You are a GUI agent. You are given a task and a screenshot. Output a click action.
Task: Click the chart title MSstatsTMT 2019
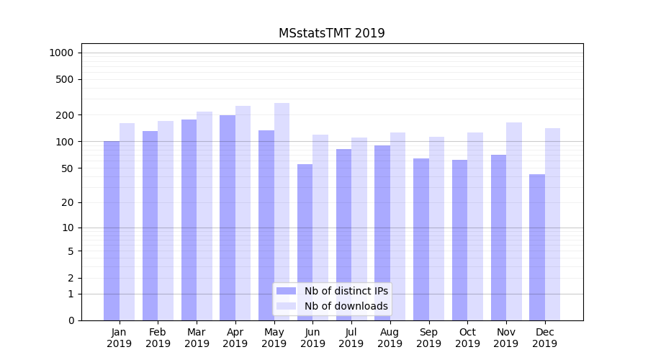[331, 33]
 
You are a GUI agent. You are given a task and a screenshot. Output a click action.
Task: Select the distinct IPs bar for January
[112, 230]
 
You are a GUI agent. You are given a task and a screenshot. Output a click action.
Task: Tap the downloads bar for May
[282, 212]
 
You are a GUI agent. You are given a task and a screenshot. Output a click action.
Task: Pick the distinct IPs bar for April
[228, 217]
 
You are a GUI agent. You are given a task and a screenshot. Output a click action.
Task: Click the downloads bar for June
[320, 228]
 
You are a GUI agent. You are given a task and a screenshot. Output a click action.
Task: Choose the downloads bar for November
[514, 221]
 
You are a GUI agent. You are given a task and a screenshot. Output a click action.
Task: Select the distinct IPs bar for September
[421, 239]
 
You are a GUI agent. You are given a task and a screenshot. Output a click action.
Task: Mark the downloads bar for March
[204, 216]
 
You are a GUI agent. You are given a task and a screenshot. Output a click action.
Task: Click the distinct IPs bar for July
[343, 235]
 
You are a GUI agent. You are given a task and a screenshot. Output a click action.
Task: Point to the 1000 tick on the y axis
[61, 53]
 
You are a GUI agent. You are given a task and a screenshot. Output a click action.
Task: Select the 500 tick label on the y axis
[65, 79]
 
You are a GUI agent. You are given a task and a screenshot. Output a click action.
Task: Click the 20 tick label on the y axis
[68, 202]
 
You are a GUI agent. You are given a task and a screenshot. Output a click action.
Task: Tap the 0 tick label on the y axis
[71, 320]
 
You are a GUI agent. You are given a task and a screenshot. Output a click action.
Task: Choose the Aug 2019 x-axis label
[390, 338]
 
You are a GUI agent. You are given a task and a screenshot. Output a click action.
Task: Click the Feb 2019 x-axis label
[158, 338]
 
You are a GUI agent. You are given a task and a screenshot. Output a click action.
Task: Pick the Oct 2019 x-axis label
[467, 338]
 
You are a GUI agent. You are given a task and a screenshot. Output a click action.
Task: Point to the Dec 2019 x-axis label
[545, 338]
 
